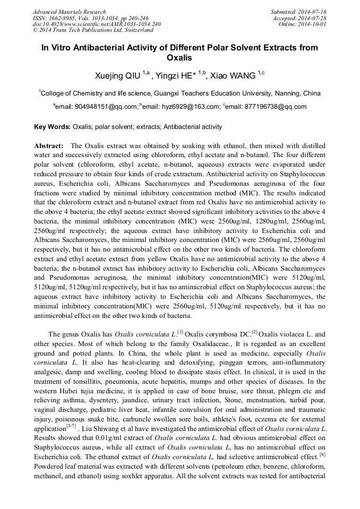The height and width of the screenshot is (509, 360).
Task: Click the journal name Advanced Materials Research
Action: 69,12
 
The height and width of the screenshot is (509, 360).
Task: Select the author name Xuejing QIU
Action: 112,76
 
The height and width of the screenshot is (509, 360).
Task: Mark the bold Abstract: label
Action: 49,146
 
